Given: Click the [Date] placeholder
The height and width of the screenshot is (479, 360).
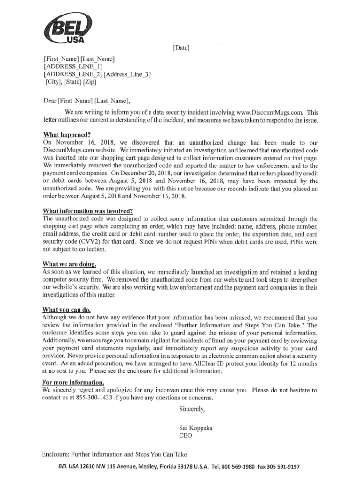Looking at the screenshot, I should coord(181,48).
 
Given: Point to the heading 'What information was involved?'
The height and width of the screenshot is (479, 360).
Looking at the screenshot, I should coord(87,210).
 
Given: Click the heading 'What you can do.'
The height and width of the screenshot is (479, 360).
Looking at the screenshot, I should coord(66,309).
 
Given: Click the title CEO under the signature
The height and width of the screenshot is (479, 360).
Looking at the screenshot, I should coord(185,435).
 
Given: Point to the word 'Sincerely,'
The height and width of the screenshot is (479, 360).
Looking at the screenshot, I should coord(192,409).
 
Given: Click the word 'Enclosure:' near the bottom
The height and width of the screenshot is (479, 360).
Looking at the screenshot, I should coord(58,454).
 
